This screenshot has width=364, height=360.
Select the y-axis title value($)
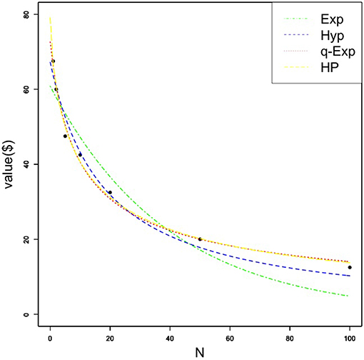[9, 164]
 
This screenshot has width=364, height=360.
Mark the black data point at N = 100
[350, 267]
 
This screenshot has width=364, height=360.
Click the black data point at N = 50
[200, 239]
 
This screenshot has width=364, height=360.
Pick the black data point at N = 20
[110, 192]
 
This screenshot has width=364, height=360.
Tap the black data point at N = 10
[80, 154]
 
